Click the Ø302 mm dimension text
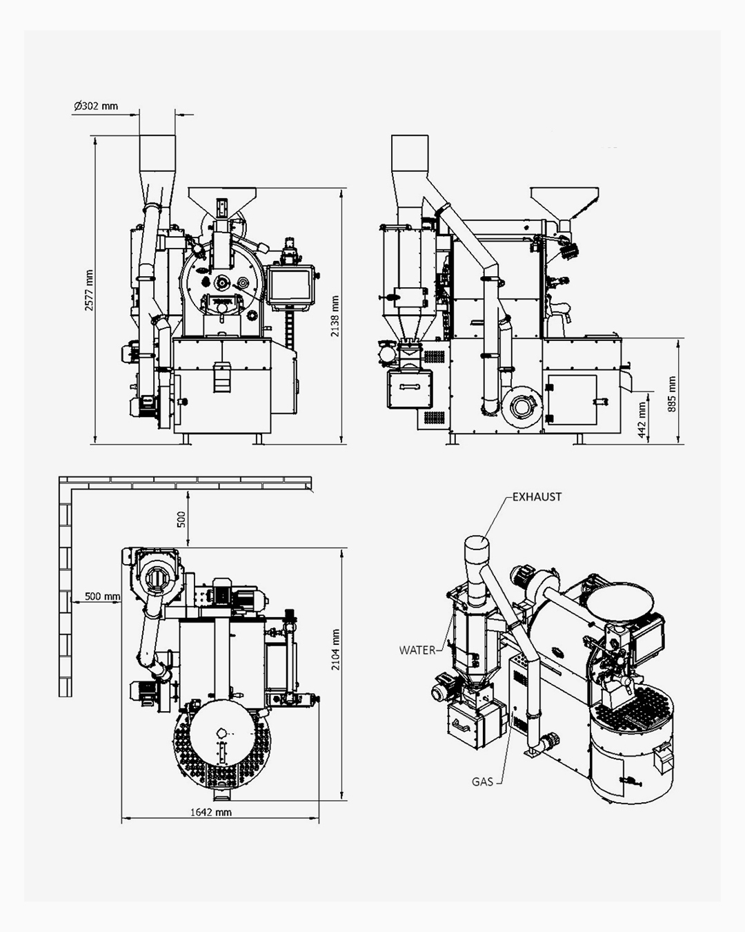(96, 106)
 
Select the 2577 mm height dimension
(89, 290)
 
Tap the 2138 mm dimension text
(335, 317)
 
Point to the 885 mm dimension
(672, 394)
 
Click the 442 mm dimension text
(642, 420)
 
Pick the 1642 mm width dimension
(211, 812)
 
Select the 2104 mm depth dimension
(335, 650)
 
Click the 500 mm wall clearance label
(102, 596)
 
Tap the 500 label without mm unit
(181, 519)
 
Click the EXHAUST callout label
(537, 497)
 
